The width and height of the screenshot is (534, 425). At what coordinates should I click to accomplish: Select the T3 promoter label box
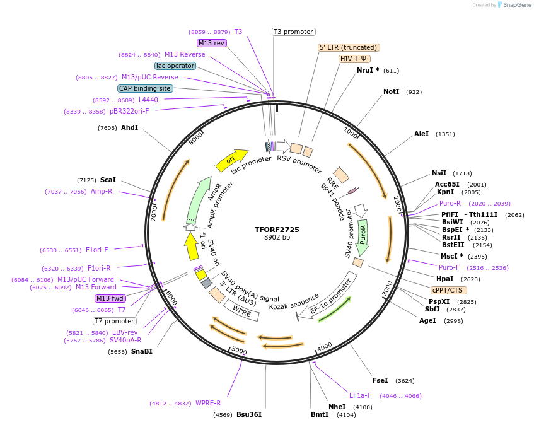(x=294, y=32)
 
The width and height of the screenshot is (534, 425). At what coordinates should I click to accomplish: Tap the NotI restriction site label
(x=391, y=91)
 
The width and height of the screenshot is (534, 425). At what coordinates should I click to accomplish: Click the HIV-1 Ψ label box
(x=354, y=59)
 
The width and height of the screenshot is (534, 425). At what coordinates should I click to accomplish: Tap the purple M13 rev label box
(x=212, y=43)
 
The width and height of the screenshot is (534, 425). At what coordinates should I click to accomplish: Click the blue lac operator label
(x=175, y=66)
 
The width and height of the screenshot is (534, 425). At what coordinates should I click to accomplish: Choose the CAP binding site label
(x=145, y=88)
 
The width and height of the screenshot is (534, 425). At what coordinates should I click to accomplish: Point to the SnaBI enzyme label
(x=141, y=351)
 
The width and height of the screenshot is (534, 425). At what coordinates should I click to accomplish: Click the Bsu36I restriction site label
(x=248, y=414)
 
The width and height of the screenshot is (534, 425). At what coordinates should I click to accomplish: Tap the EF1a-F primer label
(x=360, y=395)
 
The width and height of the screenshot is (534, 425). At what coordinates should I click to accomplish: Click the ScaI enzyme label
(x=108, y=180)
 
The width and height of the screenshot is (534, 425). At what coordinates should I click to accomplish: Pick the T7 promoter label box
(x=115, y=321)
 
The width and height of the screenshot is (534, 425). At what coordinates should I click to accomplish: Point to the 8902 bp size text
(x=277, y=238)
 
